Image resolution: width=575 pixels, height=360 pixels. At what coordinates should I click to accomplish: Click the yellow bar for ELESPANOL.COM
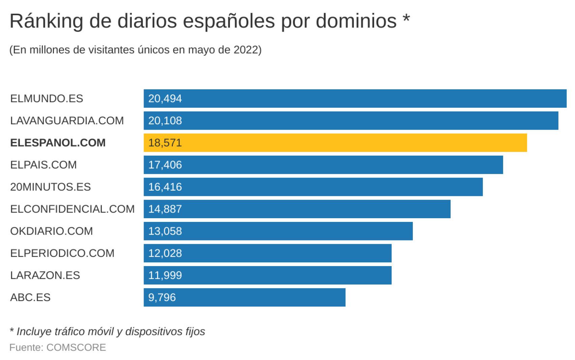click(335, 143)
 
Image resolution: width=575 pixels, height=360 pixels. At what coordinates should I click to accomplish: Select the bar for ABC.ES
click(244, 297)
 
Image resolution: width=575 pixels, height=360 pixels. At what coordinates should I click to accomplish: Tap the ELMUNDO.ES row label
click(47, 99)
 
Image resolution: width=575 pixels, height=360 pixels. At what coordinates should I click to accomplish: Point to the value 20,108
click(165, 121)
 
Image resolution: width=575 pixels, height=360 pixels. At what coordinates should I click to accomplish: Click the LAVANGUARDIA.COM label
click(67, 121)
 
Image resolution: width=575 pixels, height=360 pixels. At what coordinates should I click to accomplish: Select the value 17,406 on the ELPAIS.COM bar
click(165, 165)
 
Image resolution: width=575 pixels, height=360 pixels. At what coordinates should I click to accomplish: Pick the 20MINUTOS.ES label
click(51, 187)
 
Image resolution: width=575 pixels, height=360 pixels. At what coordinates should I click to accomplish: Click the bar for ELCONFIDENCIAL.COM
click(297, 209)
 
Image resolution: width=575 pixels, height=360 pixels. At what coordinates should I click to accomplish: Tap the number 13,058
click(165, 231)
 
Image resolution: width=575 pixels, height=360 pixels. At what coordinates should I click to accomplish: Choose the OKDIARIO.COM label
click(52, 231)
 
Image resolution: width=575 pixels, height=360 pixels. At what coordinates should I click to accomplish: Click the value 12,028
click(165, 253)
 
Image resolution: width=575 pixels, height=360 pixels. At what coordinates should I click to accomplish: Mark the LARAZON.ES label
click(45, 275)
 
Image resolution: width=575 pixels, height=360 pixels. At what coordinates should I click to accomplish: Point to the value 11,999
click(165, 275)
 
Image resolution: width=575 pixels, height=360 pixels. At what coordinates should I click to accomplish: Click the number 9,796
click(162, 298)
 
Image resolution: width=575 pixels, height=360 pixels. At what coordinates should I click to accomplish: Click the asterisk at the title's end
click(406, 19)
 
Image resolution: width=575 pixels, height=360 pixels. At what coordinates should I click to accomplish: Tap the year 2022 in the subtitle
click(246, 50)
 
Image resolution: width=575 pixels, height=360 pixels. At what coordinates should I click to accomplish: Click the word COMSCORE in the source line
click(76, 348)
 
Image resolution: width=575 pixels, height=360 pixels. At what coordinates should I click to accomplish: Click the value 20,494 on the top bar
click(165, 99)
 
